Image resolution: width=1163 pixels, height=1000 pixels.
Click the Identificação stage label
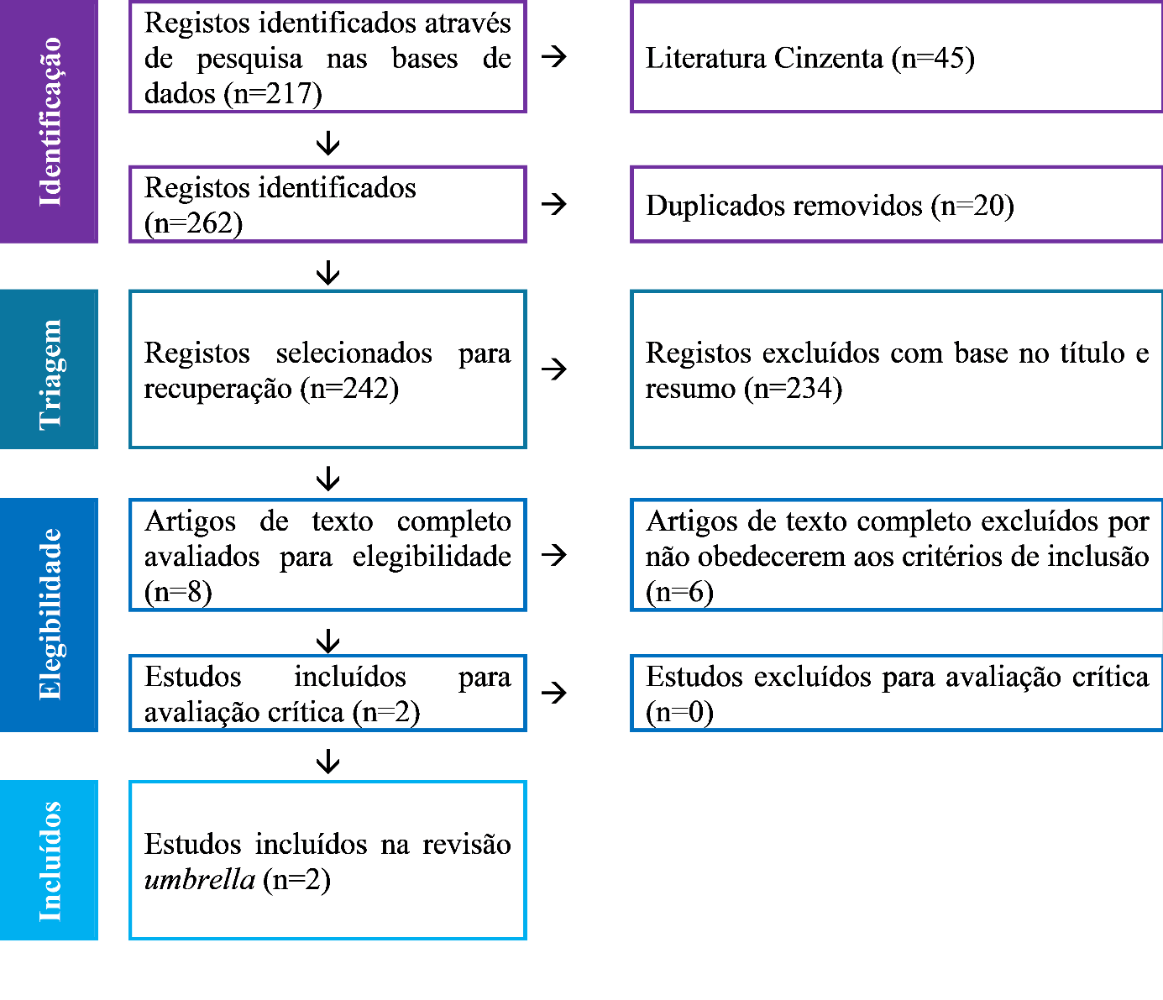50,122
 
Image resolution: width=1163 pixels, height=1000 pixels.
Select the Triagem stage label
50,374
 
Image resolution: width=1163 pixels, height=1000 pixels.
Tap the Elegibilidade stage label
50,614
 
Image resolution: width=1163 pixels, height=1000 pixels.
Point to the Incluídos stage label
50,861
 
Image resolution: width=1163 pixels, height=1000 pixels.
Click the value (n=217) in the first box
273,93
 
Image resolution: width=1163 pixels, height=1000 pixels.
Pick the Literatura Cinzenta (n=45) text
810,58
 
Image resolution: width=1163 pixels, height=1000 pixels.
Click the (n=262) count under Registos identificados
193,223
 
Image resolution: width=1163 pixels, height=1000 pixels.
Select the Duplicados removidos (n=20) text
830,206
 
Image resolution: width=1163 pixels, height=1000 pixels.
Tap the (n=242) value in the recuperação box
349,388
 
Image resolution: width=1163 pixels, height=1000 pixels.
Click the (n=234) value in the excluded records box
794,388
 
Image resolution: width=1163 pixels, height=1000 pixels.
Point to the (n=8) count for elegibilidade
178,592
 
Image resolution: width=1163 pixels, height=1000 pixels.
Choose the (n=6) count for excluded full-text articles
679,592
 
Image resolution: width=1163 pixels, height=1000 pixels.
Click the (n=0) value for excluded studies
679,713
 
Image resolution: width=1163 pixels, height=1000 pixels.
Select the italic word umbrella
200,879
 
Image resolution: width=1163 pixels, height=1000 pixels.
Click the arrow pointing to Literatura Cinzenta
553,56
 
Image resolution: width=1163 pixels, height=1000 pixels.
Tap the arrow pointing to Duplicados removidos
553,204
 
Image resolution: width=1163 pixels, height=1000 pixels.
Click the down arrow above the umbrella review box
328,761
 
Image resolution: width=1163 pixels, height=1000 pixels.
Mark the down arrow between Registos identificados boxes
328,143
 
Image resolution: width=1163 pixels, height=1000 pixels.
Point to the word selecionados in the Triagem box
354,353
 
